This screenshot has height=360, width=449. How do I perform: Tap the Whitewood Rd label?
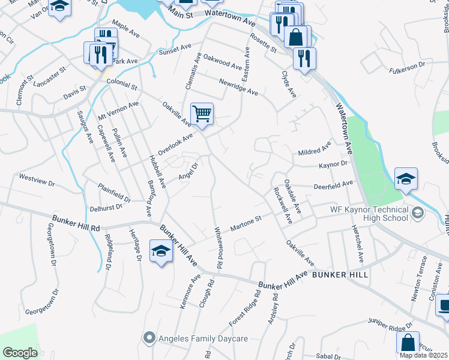tap(220, 247)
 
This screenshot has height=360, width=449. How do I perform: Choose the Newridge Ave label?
tap(238, 88)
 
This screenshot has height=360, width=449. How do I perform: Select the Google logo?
tap(20, 353)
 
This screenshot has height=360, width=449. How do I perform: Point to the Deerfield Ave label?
tap(333, 185)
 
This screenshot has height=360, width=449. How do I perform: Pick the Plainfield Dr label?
tap(114, 193)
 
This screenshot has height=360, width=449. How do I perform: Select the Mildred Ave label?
tap(315, 149)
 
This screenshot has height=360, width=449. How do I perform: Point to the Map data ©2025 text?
tap(424, 355)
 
